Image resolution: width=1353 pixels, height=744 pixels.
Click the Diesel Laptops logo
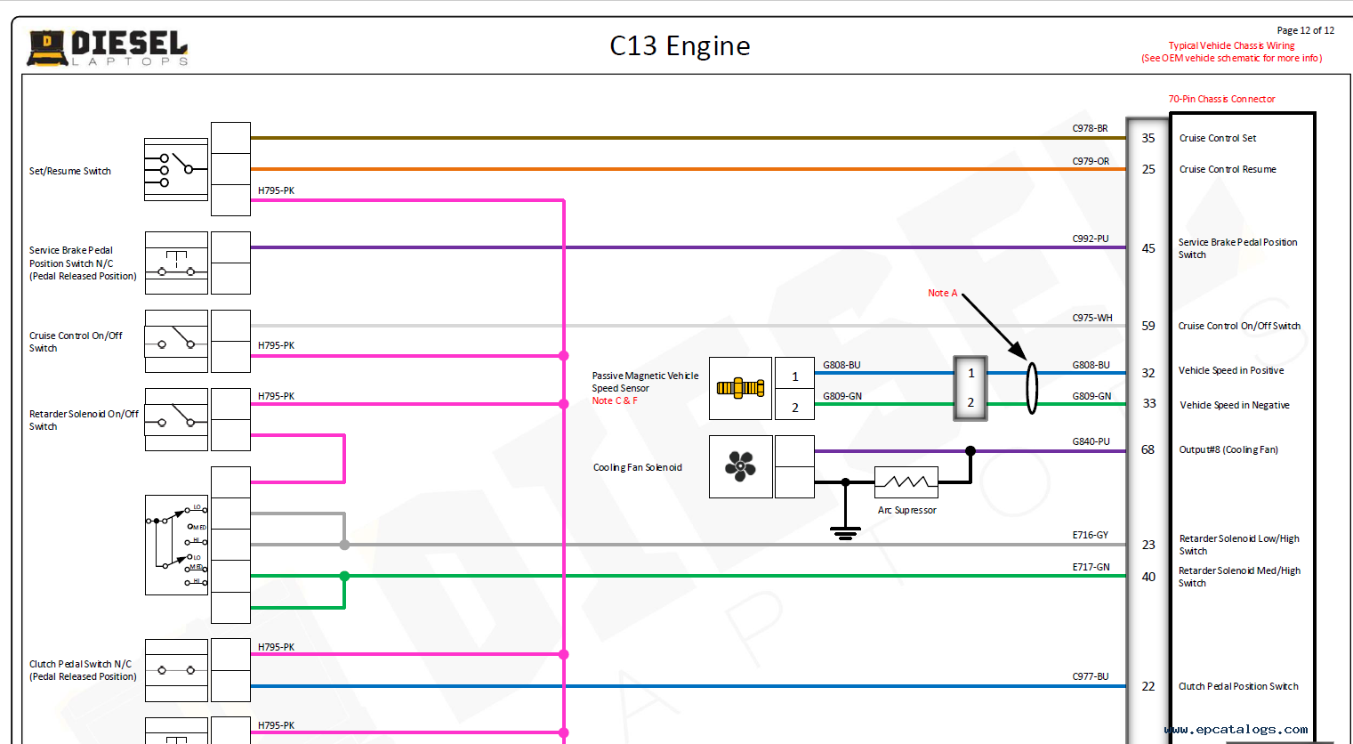tap(108, 48)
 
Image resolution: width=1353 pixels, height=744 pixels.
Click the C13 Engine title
tap(680, 46)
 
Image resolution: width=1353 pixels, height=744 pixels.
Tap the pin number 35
tap(1148, 138)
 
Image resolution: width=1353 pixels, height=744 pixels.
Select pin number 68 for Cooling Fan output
tap(1148, 449)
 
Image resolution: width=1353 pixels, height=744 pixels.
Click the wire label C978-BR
tap(1090, 128)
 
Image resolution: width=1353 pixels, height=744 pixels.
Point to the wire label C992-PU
tap(1090, 239)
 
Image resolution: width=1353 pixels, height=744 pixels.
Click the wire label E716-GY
tap(1090, 535)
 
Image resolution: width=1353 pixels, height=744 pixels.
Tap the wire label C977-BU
tap(1090, 676)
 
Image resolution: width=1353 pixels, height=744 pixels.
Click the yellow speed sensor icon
tap(740, 388)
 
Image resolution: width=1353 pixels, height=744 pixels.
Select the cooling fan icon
tap(740, 465)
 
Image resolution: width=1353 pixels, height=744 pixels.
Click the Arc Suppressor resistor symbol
tap(906, 482)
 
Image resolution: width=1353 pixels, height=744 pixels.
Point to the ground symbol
tap(845, 532)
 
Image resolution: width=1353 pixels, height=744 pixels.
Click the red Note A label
tap(942, 293)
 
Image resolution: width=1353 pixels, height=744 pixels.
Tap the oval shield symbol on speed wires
tap(1032, 388)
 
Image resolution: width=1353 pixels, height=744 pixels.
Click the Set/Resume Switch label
tap(70, 171)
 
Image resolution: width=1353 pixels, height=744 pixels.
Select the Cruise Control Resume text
tap(1228, 169)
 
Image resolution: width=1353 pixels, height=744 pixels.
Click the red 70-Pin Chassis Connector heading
tap(1221, 99)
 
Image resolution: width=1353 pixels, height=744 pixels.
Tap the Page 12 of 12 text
tap(1305, 30)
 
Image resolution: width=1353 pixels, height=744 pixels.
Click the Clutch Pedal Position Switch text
tap(1238, 686)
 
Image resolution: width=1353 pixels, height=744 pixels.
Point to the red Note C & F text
tap(615, 400)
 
